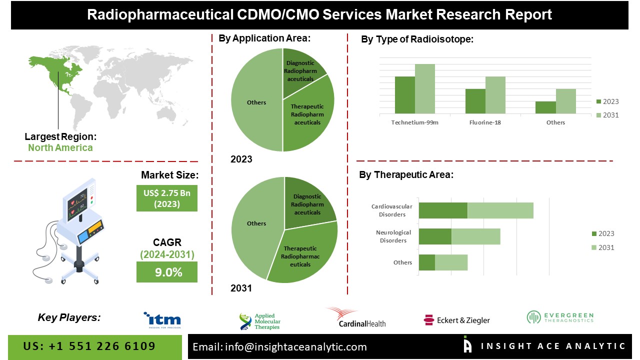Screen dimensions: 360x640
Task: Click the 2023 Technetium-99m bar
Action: (x=404, y=95)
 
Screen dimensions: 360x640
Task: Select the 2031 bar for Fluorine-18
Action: (x=495, y=95)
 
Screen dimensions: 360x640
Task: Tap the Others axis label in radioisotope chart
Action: (x=555, y=122)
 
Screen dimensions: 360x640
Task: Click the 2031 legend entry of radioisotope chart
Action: (x=607, y=115)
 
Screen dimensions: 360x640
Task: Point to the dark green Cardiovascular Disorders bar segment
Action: (x=442, y=210)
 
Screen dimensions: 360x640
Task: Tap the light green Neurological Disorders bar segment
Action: (x=475, y=236)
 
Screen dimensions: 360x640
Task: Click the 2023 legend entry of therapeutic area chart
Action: (x=602, y=233)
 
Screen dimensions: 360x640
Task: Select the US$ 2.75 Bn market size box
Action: (x=166, y=198)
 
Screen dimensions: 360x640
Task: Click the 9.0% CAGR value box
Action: (x=166, y=272)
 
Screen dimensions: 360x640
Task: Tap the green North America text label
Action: (x=60, y=147)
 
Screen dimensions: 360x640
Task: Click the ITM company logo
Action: (x=162, y=320)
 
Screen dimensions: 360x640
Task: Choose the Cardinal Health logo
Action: (x=355, y=318)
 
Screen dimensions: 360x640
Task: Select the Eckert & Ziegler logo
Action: (x=456, y=320)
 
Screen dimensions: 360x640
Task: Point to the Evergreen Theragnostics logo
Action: (x=559, y=317)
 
